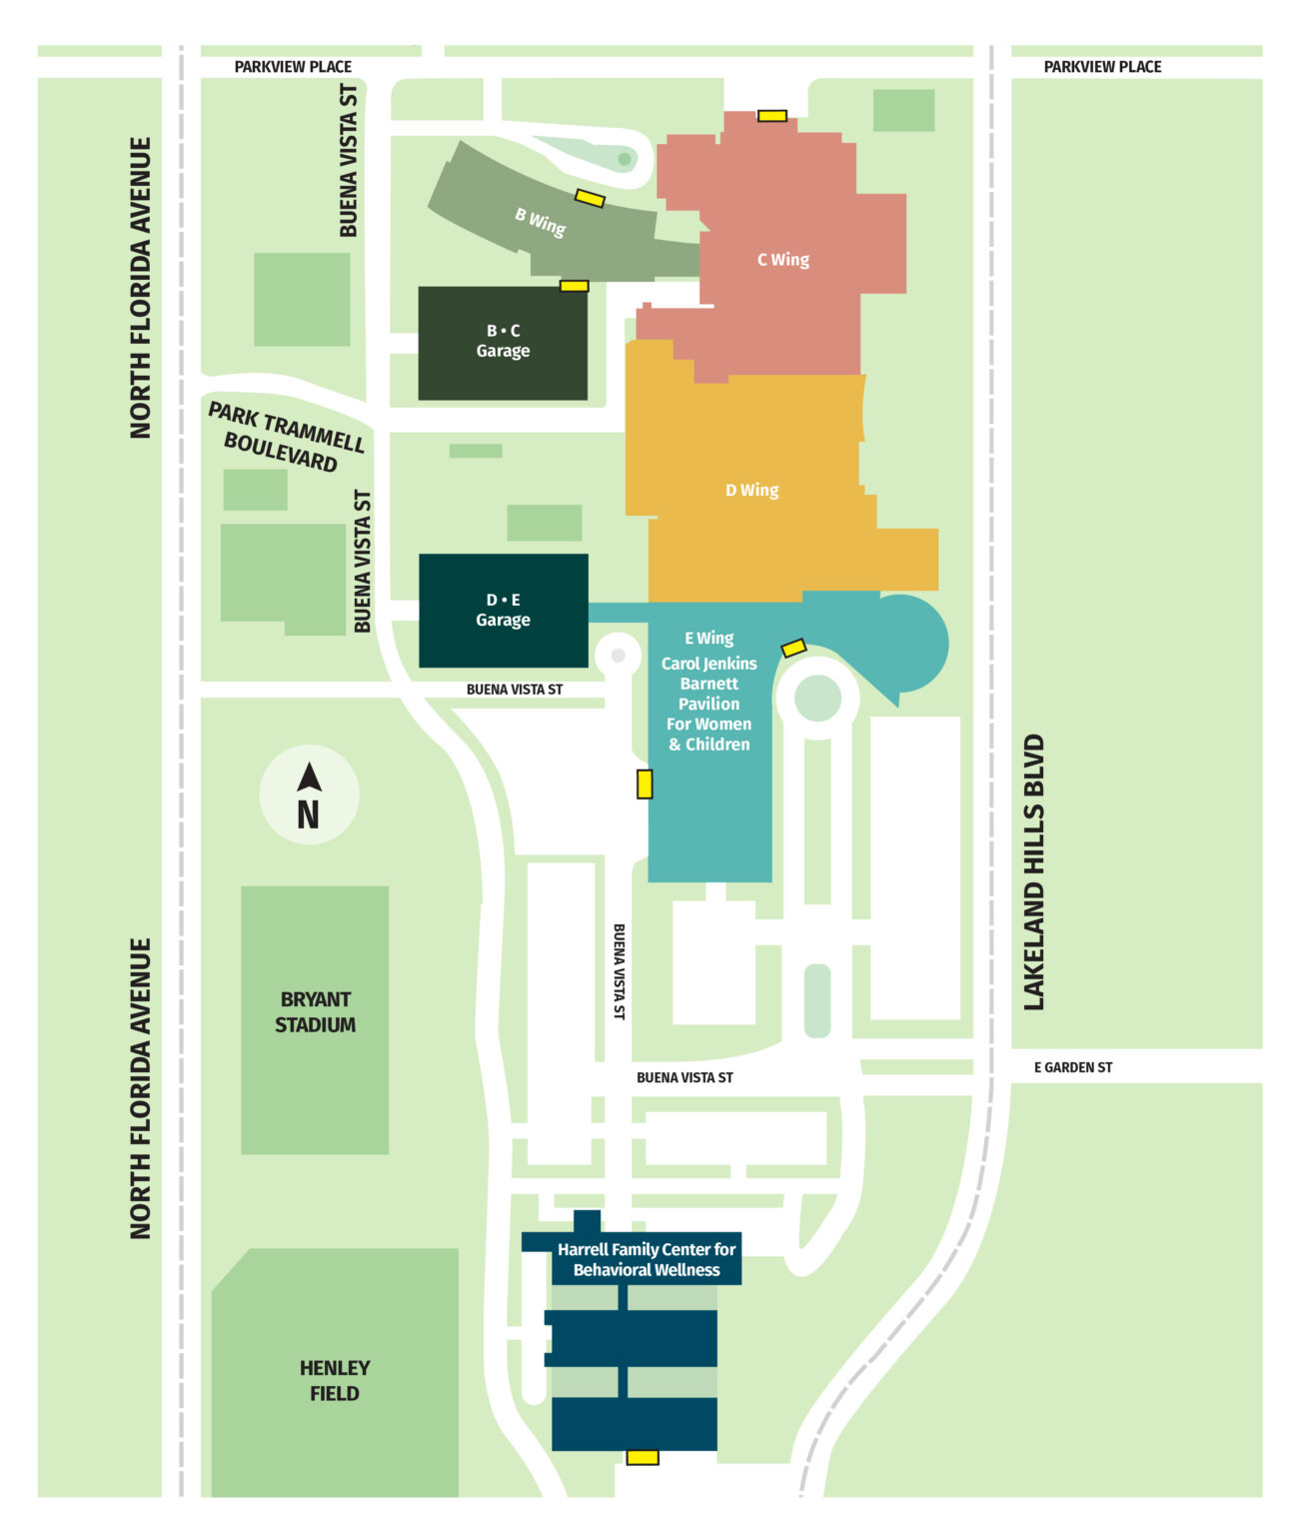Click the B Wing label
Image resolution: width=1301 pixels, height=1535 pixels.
point(541,221)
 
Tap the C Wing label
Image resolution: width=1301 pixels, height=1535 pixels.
point(783,260)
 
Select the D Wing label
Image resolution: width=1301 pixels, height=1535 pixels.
point(751,490)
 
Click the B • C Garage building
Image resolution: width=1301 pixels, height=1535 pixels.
point(503,342)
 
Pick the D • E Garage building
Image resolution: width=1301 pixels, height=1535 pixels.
point(503,611)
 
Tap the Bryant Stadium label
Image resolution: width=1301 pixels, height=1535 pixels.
point(316,1011)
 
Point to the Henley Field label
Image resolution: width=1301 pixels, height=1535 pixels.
point(335,1380)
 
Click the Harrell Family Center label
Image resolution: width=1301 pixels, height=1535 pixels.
point(647,1259)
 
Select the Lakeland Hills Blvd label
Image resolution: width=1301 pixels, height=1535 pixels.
point(1033,872)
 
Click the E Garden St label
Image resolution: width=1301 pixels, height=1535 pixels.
point(1072,1067)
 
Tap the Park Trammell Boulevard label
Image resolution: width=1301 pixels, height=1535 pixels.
point(284,437)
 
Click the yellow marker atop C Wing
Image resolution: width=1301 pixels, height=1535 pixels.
point(771,116)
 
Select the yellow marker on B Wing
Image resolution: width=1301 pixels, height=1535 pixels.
point(590,198)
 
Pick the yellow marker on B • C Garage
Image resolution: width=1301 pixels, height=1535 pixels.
point(574,286)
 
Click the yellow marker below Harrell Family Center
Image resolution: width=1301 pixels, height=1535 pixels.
point(643,1457)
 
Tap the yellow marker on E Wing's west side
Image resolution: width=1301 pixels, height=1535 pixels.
point(645,783)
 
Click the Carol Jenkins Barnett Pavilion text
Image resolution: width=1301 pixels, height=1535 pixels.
point(708,704)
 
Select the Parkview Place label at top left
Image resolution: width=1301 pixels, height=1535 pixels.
point(293,67)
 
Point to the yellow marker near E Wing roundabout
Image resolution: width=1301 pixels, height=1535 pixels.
point(793,648)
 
